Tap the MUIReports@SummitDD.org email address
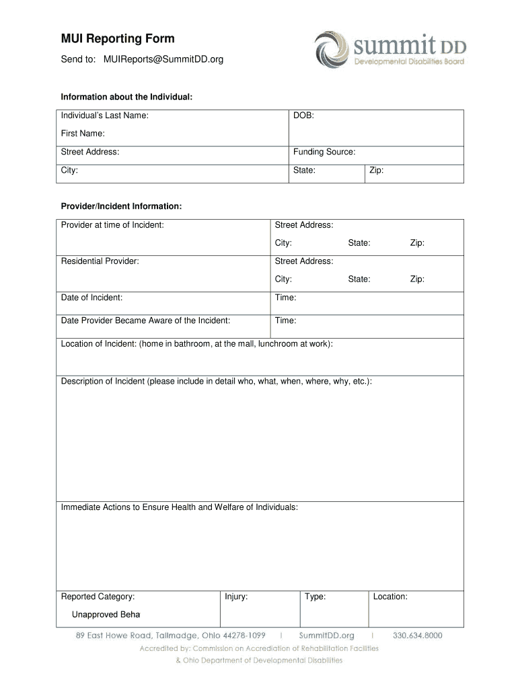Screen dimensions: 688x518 pos(163,60)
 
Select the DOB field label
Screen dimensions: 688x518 pos(303,116)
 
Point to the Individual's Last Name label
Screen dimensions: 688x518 pos(105,116)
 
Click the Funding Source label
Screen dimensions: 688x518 pos(324,152)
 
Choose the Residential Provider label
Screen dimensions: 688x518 pos(100,261)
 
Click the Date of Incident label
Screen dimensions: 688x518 pos(91,297)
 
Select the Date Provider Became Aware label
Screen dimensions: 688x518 pos(145,320)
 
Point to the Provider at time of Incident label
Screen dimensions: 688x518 pos(112,224)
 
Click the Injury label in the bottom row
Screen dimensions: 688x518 pos(236,596)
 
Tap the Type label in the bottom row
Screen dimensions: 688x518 pos(315,596)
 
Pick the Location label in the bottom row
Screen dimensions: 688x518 pos(390,596)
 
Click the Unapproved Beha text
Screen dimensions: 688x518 pos(106,614)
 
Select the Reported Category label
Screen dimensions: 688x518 pos(98,596)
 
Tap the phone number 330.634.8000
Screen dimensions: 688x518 pos(417,635)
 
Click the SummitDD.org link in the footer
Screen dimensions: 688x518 pos(326,635)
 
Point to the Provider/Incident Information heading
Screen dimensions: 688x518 pos(121,206)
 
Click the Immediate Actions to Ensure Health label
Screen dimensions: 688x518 pos(179,507)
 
